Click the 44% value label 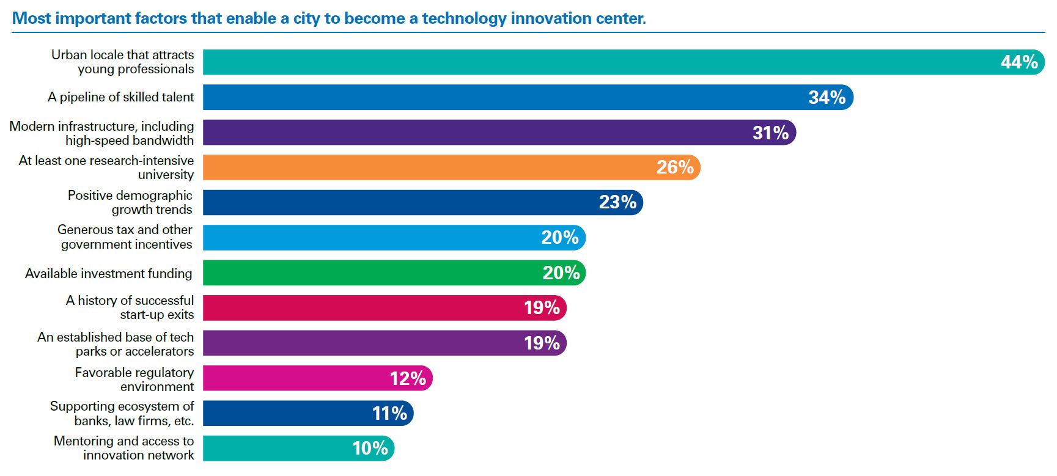point(1019,62)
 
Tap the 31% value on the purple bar point(770,133)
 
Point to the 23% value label point(617,202)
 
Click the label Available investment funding point(109,274)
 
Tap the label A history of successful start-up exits point(130,307)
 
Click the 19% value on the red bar point(542,308)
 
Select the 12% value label point(408,379)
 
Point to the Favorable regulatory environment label point(134,379)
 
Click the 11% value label point(389,414)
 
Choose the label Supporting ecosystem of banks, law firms point(122,414)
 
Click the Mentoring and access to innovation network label point(124,448)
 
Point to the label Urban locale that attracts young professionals point(123,62)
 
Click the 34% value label point(827,98)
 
